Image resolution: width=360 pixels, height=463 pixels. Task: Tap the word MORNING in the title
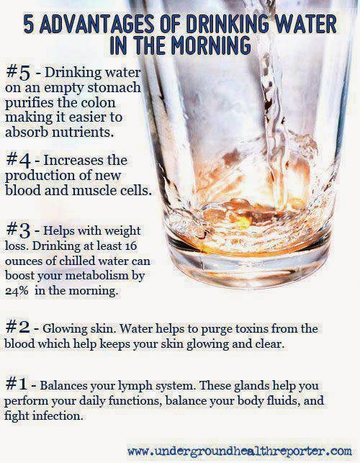tap(210, 45)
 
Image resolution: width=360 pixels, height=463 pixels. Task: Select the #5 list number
tap(18, 73)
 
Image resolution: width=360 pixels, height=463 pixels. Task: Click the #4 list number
tap(18, 161)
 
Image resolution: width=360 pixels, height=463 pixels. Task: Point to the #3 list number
tap(18, 230)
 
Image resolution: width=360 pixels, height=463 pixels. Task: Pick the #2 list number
tap(17, 327)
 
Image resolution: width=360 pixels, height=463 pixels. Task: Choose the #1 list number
tap(16, 384)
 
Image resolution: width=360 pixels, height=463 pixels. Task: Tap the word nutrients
tap(83, 132)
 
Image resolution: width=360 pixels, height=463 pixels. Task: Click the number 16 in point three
tap(130, 246)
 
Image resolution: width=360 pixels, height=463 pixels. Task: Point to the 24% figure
tap(17, 291)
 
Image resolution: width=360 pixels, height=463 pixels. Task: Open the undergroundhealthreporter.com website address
tap(240, 451)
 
